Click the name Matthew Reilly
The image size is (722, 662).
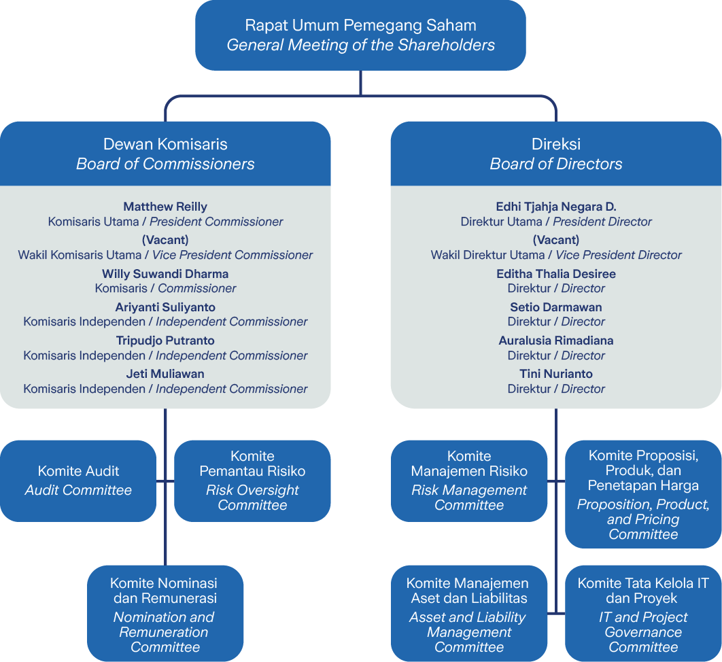(165, 207)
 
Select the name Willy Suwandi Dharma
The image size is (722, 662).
(165, 274)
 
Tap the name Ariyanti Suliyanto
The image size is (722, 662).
(165, 307)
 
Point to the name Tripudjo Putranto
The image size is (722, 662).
(165, 341)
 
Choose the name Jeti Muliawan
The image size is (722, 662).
(165, 374)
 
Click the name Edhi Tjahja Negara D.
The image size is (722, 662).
(555, 207)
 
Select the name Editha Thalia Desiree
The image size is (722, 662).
(555, 274)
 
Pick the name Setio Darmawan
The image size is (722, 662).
(555, 307)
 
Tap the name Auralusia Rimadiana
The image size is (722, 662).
(555, 341)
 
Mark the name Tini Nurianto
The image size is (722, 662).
(555, 374)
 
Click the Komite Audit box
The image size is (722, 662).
(78, 481)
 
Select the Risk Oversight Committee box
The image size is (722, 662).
(252, 481)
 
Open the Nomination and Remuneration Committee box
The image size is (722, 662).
(165, 613)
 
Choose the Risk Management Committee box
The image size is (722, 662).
(469, 481)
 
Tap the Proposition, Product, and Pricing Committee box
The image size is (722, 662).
(643, 494)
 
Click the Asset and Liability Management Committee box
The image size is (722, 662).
(469, 613)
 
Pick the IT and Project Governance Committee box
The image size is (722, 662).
(643, 613)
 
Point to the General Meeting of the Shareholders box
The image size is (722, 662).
(360, 35)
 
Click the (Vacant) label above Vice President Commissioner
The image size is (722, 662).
(165, 240)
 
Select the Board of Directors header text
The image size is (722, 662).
(555, 164)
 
